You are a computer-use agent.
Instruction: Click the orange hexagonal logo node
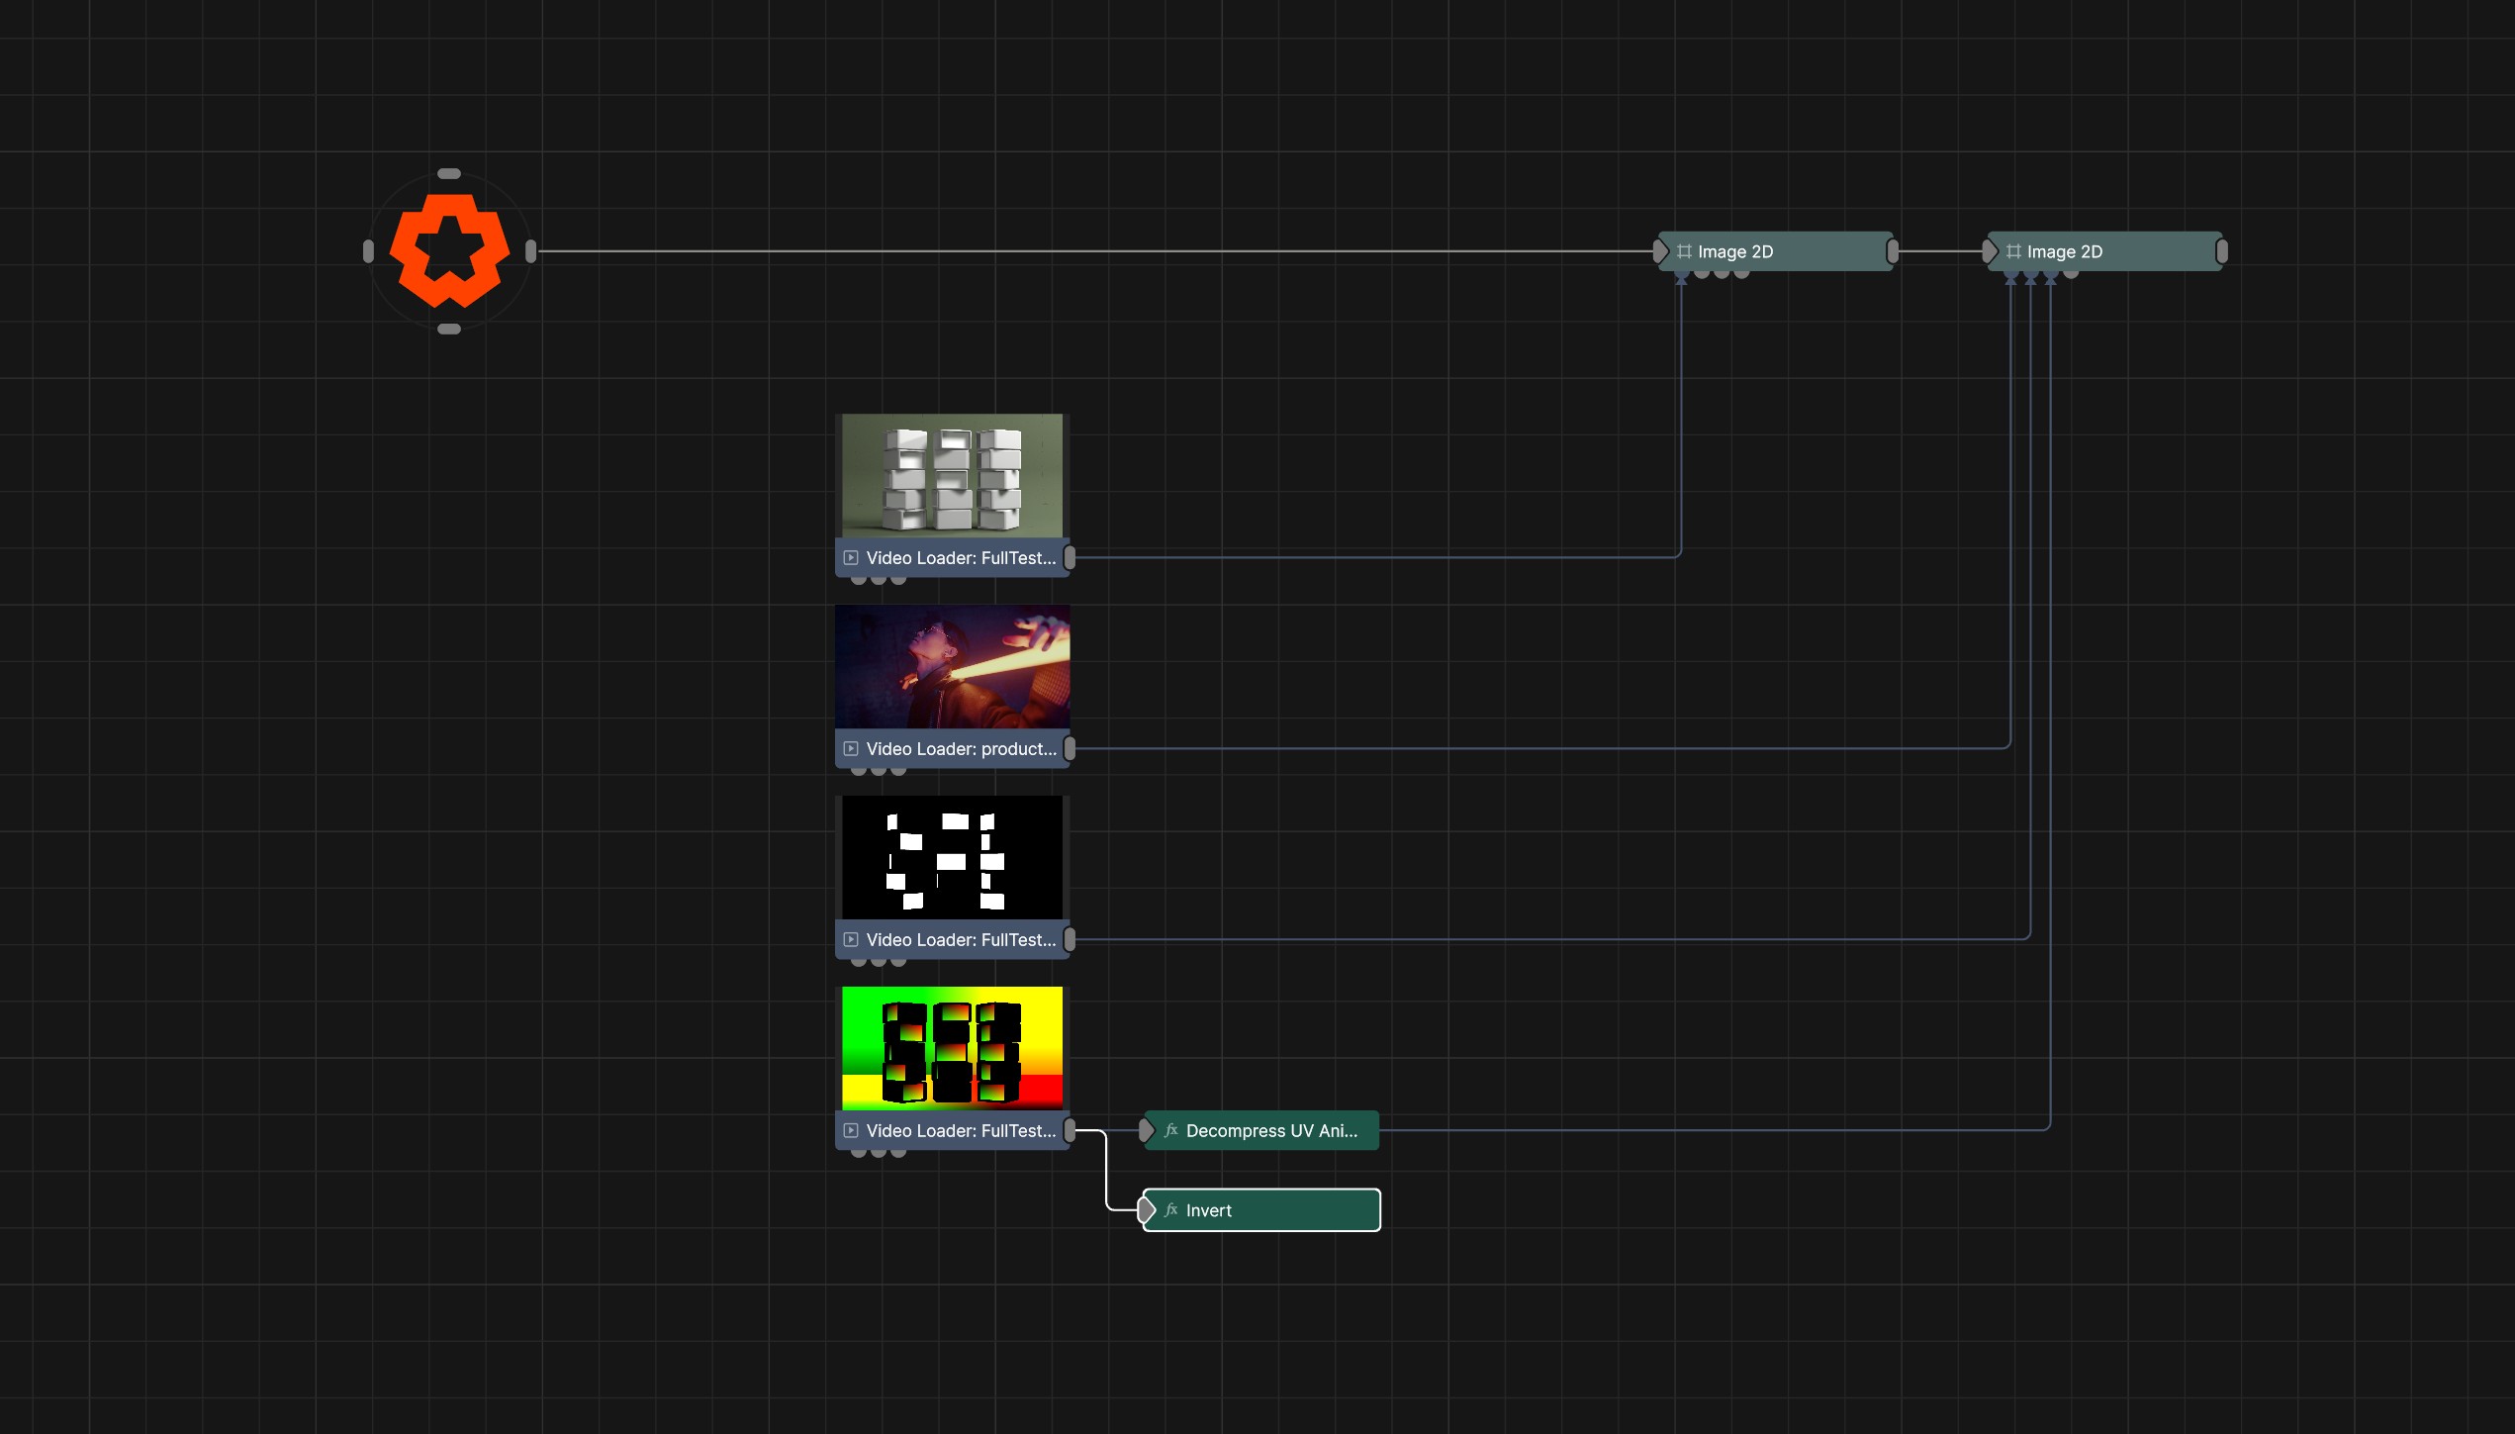[449, 250]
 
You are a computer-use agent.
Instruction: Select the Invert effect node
[1261, 1209]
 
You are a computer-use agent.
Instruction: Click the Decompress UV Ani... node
[1261, 1130]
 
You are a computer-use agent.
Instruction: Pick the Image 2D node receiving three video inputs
[2105, 251]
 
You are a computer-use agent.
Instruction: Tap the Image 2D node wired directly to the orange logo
[1776, 251]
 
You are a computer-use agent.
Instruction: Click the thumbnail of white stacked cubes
[952, 476]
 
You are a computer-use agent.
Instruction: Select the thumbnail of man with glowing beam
[952, 667]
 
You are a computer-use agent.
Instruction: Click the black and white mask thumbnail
[952, 857]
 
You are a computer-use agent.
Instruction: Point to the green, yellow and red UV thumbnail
[952, 1048]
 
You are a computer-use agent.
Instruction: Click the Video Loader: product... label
[961, 749]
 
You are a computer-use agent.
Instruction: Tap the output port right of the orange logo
[531, 251]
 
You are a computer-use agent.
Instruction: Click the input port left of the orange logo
[369, 251]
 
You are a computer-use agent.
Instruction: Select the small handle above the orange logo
[449, 174]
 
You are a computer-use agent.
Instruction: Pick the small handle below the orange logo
[449, 330]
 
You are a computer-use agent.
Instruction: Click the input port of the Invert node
[1147, 1209]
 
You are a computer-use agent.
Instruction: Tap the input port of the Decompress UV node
[1147, 1130]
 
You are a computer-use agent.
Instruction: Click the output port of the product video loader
[1070, 749]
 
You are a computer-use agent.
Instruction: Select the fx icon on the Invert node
[1171, 1209]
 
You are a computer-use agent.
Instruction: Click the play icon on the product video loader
[851, 749]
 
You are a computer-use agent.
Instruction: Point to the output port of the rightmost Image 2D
[2222, 251]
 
